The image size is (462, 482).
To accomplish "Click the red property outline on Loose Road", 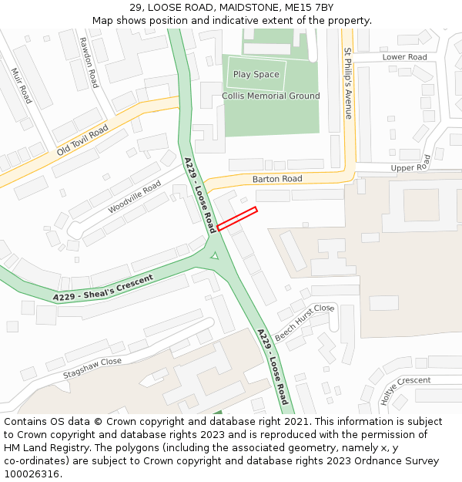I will (237, 219).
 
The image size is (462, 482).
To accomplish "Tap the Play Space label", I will (256, 75).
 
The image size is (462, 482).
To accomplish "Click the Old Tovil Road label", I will (82, 140).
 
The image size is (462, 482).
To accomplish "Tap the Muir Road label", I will (21, 86).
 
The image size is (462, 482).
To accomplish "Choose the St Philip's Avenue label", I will (348, 83).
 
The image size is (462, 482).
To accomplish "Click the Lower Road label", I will (404, 57).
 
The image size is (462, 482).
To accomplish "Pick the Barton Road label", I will (277, 179).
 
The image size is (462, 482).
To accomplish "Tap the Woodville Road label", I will (134, 198).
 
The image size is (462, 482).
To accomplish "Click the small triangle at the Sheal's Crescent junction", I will (215, 255).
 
